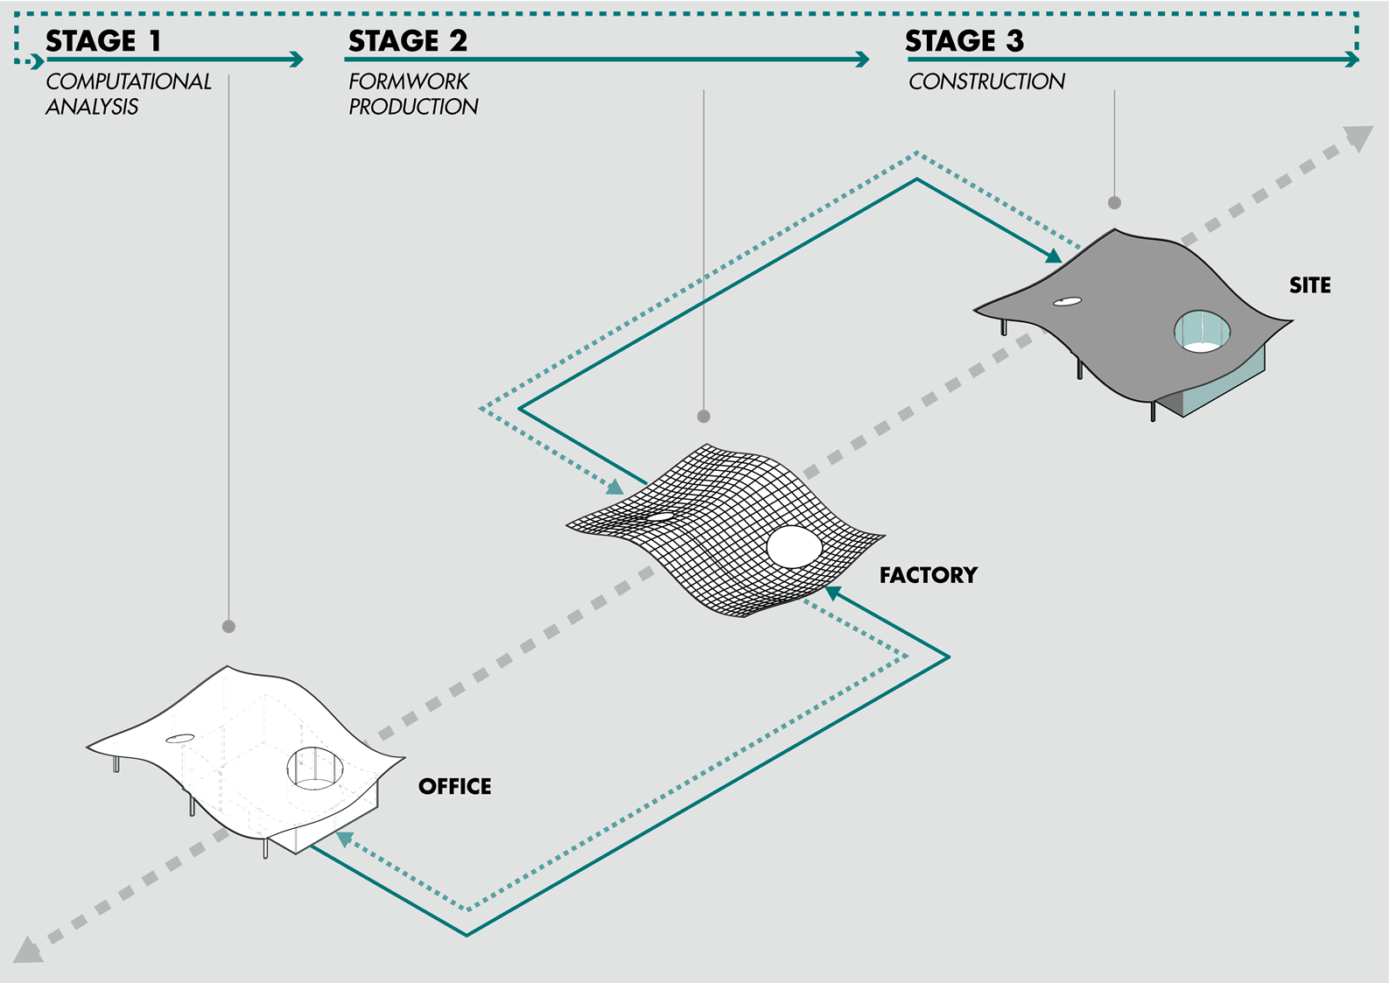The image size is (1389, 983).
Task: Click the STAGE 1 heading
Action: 102,41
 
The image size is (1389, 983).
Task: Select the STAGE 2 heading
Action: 407,41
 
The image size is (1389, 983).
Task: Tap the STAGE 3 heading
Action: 964,41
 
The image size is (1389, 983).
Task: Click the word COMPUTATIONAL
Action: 129,81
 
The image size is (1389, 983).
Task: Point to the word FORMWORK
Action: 409,81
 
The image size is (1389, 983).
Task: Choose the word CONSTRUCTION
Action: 986,81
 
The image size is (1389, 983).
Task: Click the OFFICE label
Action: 454,786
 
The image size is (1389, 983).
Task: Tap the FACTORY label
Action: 928,575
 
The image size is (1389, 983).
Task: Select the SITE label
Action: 1309,285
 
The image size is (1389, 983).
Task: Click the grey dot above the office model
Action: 228,627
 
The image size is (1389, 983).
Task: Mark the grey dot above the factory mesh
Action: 704,417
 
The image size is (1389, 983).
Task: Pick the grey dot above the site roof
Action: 1114,202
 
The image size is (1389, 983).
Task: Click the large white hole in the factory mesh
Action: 795,547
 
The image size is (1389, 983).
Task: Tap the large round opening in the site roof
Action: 1202,331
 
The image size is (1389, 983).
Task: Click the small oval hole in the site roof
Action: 1067,302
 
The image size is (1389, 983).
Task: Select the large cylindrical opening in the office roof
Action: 315,768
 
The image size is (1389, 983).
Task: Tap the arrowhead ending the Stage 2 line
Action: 862,60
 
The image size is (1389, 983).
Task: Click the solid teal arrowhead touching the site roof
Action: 1054,256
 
